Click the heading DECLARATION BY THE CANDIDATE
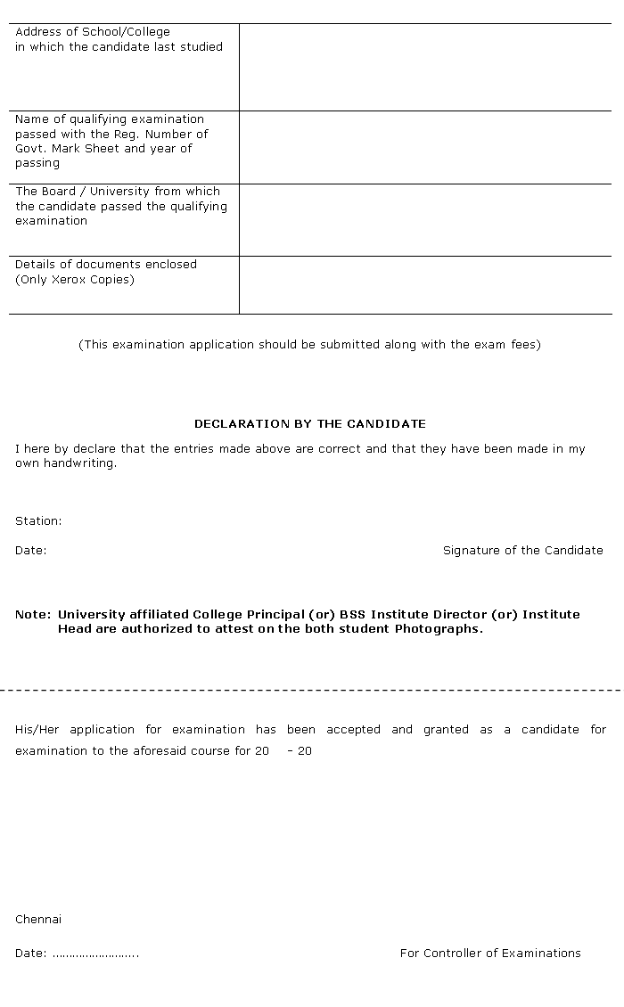click(309, 424)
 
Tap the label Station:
click(38, 521)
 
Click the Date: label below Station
click(30, 551)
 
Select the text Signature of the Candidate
click(522, 551)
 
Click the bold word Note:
click(33, 615)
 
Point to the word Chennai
click(38, 920)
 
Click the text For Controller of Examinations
click(490, 954)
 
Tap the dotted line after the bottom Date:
click(95, 954)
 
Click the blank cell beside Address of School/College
click(425, 67)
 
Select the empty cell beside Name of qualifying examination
click(425, 147)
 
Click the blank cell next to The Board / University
click(425, 220)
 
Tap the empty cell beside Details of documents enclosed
click(425, 285)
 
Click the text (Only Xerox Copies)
click(75, 280)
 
